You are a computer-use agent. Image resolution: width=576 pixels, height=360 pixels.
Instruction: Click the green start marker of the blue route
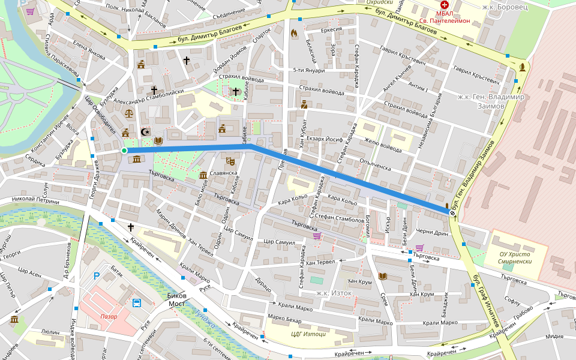124,151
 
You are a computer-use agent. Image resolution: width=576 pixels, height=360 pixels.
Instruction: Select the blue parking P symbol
97,276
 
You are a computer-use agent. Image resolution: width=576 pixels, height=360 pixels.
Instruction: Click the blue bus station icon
137,302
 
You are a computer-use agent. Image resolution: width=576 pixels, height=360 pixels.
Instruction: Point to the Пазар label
109,316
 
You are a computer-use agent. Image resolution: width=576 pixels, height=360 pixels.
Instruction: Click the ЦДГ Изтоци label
308,334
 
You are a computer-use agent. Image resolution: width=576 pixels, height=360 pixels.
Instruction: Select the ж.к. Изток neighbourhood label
334,293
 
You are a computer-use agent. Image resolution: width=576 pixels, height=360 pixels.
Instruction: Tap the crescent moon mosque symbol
144,132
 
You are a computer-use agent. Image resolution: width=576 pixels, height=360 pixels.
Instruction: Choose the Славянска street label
224,173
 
